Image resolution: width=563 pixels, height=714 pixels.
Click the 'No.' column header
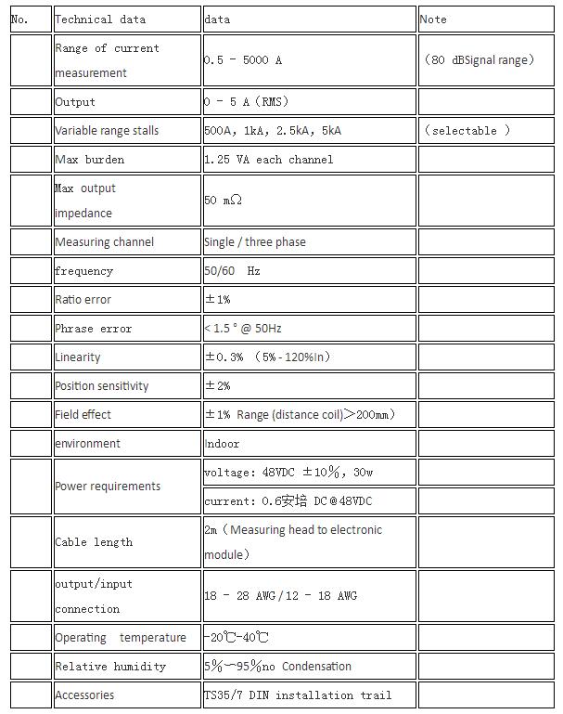click(x=20, y=19)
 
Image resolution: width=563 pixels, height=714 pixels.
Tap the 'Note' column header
click(x=433, y=19)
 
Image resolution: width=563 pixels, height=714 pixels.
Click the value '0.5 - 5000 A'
click(x=243, y=60)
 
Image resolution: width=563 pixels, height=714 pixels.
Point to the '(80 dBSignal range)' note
click(x=480, y=60)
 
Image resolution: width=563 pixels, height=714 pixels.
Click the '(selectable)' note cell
click(x=467, y=131)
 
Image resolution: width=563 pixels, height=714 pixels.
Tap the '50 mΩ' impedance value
click(x=224, y=201)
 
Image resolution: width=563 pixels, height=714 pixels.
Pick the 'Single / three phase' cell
click(x=255, y=242)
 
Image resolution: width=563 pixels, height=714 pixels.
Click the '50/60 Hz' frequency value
click(x=233, y=271)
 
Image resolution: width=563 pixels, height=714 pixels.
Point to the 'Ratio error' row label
click(x=83, y=300)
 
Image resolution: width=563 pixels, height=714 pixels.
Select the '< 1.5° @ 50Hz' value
click(x=243, y=329)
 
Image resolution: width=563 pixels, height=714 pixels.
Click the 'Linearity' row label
click(x=78, y=357)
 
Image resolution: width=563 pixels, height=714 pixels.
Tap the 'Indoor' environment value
click(x=222, y=444)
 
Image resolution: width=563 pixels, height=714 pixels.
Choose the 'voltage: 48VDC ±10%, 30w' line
click(x=288, y=473)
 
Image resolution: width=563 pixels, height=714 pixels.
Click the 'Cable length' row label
click(x=94, y=542)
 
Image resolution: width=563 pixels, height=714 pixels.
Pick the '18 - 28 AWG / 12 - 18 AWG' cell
click(x=280, y=596)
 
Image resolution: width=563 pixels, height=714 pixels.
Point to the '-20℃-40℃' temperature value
click(x=237, y=638)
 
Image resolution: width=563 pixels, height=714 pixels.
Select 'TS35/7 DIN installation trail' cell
click(x=298, y=695)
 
